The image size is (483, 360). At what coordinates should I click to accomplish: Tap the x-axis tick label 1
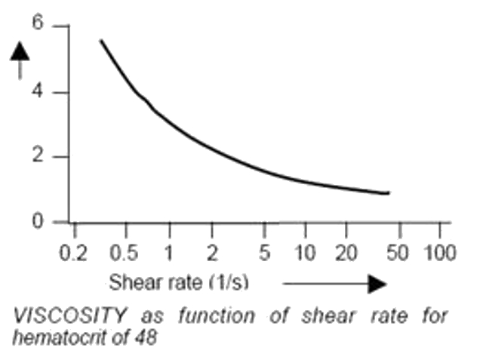170,252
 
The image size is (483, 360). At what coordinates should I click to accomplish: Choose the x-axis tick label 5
264,252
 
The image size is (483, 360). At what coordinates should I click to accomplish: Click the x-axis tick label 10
307,252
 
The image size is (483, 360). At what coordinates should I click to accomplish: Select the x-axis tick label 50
398,252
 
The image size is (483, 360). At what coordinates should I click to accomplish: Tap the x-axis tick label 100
441,252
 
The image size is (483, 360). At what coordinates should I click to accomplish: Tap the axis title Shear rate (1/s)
178,283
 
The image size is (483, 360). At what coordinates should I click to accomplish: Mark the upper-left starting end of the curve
101,41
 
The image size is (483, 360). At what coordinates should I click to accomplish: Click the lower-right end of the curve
388,193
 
